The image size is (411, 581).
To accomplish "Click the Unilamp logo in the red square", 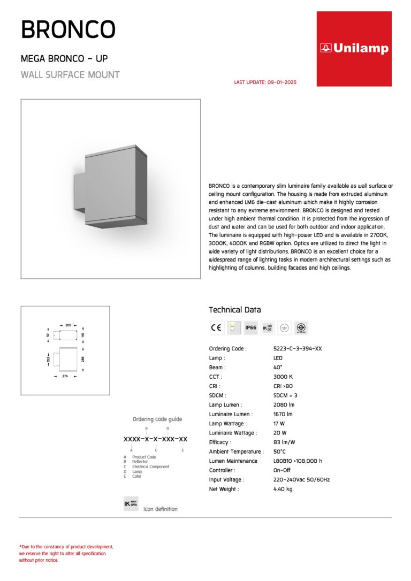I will point(354,49).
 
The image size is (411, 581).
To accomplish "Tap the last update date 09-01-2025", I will point(265,82).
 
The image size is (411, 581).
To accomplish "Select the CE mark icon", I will point(216,328).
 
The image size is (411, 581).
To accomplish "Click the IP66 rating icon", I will point(250,328).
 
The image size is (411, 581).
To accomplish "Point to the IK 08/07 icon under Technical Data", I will point(268,328).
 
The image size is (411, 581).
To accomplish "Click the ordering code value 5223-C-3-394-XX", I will point(298,349).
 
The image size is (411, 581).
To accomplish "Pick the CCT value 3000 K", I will point(283,377).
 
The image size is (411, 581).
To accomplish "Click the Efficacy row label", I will point(220,442).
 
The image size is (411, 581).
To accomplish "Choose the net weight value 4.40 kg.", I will point(284,489).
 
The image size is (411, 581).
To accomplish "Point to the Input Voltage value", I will point(301,480).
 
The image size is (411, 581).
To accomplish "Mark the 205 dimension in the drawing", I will point(68,325).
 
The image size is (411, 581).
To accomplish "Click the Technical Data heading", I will point(235,310).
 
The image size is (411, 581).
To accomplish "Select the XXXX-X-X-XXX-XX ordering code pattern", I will point(155,439).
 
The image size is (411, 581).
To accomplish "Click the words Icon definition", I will point(161,509).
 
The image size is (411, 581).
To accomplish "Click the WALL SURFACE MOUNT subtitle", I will point(70,75).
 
